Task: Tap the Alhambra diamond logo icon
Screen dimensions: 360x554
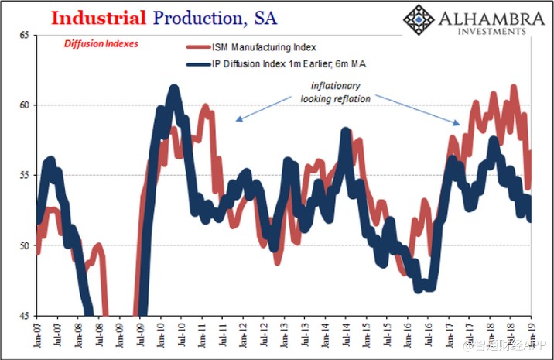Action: pos(419,19)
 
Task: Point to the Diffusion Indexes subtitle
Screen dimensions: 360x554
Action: pos(101,44)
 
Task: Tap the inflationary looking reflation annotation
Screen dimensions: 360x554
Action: pos(334,93)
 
